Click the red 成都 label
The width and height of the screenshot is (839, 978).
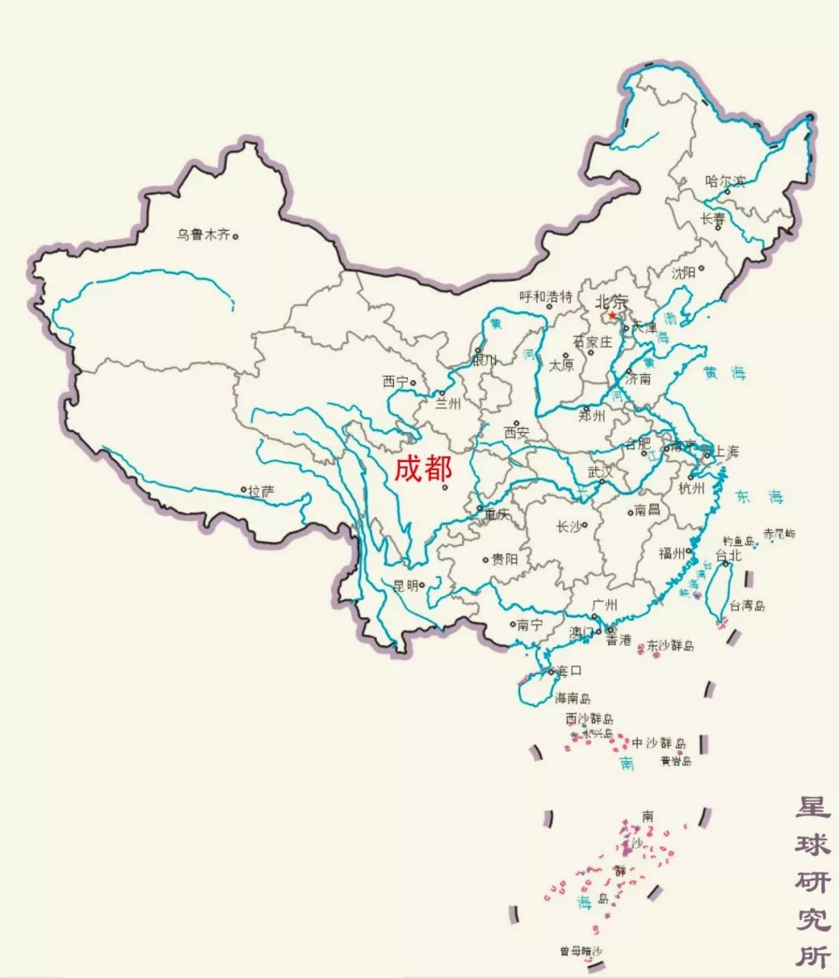point(423,468)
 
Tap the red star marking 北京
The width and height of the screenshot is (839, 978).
point(613,315)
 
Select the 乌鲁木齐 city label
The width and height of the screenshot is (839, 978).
point(203,235)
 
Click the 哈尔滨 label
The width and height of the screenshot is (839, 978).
point(724,182)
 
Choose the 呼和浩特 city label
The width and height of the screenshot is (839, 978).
point(545,297)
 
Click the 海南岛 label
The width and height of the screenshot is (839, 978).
point(573,698)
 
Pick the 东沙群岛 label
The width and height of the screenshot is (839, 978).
point(670,645)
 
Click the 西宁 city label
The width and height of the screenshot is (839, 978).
point(395,381)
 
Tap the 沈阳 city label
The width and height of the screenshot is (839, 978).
point(684,273)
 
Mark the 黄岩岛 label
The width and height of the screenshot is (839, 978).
point(676,761)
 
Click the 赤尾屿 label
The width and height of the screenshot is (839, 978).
point(778,534)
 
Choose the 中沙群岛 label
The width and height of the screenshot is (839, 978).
point(659,743)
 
